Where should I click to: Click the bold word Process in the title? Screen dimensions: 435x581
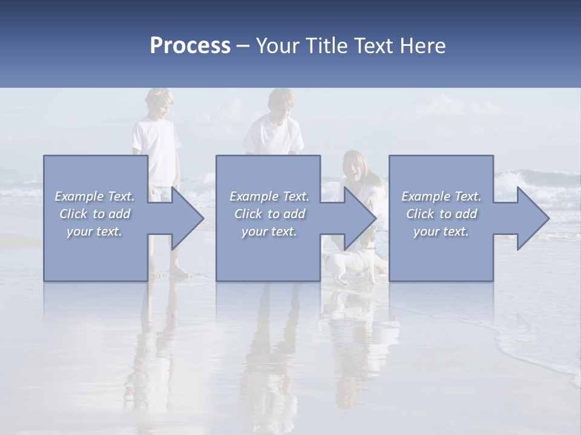point(190,47)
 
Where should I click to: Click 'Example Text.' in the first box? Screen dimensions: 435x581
point(94,196)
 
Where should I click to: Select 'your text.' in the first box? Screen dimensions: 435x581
point(94,231)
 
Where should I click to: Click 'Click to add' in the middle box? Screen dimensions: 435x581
point(269,214)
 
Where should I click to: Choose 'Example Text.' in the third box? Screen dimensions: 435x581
point(441,196)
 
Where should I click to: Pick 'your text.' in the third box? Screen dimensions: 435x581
point(441,231)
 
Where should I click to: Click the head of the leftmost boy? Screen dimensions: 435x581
point(159,103)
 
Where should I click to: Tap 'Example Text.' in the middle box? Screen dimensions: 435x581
point(269,196)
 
